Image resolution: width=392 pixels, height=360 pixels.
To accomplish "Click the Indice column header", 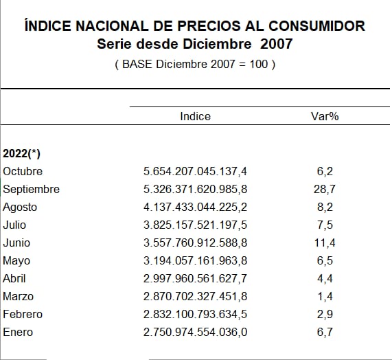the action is (195, 116).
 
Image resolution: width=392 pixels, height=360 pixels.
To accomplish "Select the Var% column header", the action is (325, 116).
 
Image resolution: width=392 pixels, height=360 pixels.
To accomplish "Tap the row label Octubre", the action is (23, 171).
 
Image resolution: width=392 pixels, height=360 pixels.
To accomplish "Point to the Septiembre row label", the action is (32, 190).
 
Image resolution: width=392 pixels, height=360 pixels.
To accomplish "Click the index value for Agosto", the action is (195, 207).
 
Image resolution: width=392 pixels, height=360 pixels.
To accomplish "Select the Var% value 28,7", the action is (325, 190).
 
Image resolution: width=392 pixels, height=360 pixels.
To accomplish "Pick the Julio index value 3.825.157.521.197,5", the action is (195, 225).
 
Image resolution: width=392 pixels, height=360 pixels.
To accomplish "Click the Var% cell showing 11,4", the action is (325, 243).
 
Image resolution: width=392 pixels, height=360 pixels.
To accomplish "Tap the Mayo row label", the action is (16, 261).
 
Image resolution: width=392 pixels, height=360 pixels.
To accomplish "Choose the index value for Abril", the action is (195, 278).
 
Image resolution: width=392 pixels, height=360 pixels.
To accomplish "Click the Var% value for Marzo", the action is (325, 297).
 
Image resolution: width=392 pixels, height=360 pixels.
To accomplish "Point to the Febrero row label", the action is (23, 314).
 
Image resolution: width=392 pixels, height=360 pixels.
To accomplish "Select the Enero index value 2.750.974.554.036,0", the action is (195, 333).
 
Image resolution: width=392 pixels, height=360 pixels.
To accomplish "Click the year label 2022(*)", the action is (21, 153).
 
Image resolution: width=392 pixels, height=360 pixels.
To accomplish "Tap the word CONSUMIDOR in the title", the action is (317, 26).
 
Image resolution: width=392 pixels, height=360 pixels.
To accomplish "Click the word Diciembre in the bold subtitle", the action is (217, 44).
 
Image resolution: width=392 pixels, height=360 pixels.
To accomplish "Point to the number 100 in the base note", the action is (259, 64).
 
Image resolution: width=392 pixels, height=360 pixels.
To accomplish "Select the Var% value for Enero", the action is (325, 333).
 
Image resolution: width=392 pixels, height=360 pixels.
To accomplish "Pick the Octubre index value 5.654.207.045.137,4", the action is (195, 171).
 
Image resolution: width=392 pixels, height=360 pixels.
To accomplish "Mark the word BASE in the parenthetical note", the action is (137, 64).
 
